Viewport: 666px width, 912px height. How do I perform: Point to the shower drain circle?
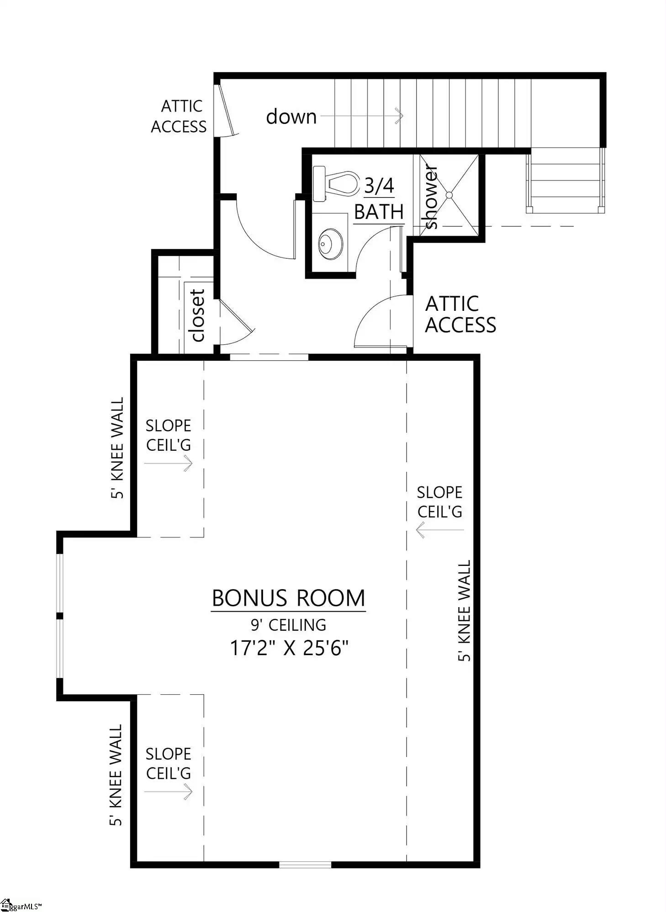[449, 195]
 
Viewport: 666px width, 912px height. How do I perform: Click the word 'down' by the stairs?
[291, 117]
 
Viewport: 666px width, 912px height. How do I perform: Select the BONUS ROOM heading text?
[289, 598]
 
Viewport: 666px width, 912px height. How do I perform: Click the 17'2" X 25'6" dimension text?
[289, 648]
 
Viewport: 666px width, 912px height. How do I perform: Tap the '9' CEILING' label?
[289, 624]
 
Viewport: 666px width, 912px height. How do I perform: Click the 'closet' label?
[197, 315]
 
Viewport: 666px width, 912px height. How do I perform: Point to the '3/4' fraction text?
[379, 186]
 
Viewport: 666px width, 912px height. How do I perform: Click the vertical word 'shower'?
[431, 197]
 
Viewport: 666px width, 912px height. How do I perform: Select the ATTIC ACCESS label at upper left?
[179, 116]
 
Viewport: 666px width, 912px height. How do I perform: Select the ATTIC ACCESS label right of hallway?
[460, 315]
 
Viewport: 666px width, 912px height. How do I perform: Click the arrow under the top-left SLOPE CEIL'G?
[169, 464]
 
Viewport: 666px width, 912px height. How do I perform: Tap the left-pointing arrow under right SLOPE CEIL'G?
[439, 530]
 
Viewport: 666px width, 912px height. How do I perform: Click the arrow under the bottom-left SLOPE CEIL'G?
[169, 792]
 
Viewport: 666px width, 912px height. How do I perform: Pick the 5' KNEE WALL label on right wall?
[464, 610]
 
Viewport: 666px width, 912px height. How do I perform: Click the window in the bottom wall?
[305, 864]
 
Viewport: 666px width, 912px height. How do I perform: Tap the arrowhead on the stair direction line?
[400, 116]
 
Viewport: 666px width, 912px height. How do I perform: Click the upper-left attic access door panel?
[226, 110]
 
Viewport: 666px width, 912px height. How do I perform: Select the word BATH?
[379, 212]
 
